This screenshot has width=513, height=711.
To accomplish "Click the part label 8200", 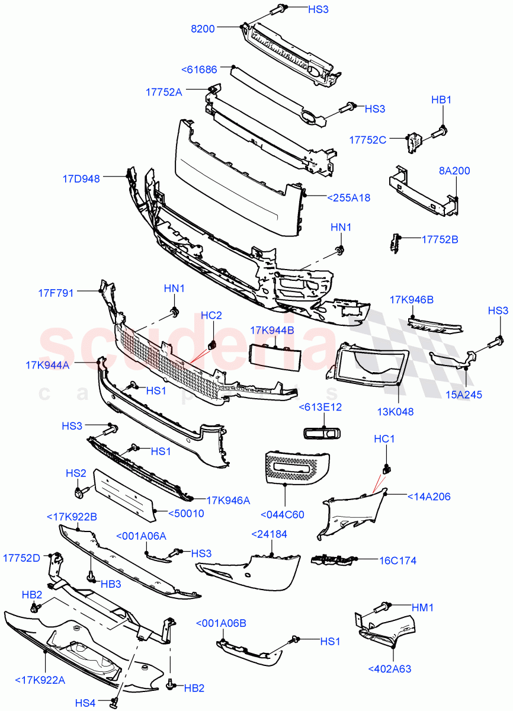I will click(x=203, y=27).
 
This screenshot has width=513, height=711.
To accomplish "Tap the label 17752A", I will click(x=164, y=92).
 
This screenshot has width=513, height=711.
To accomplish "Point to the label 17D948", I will click(x=81, y=178).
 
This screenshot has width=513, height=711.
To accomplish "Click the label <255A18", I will click(x=349, y=198).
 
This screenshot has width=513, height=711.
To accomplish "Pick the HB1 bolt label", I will click(x=441, y=100).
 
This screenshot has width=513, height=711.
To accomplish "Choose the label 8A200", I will click(x=454, y=171).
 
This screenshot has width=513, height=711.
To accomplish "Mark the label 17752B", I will click(x=440, y=239).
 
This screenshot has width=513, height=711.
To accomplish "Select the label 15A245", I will click(x=467, y=394).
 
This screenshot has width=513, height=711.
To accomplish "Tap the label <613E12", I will click(x=320, y=407).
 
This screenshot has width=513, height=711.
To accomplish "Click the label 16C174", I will click(x=397, y=559).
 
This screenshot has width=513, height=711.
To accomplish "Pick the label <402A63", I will click(x=389, y=669).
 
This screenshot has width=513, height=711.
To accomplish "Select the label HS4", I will click(x=85, y=703).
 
